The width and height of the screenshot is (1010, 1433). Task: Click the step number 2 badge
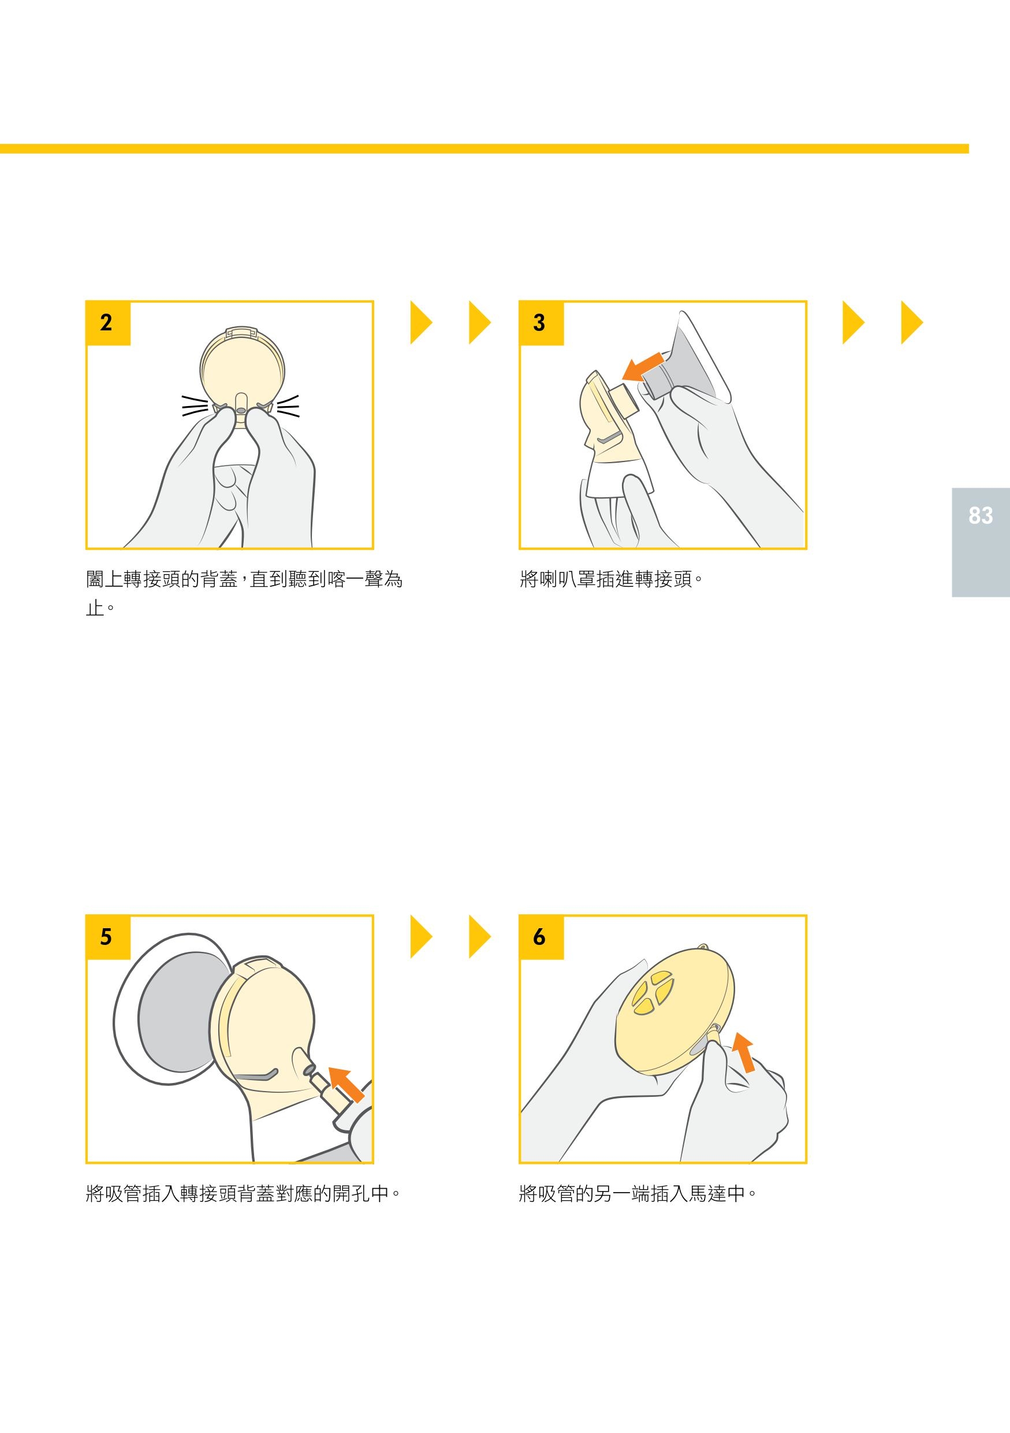click(108, 323)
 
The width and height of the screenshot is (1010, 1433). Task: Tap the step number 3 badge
click(541, 323)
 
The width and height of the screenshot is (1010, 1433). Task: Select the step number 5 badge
click(108, 937)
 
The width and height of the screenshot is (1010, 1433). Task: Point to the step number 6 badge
click(541, 937)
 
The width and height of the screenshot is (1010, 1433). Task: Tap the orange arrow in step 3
click(643, 366)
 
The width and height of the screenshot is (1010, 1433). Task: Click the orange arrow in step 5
click(346, 1084)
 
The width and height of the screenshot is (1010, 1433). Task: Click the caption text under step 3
click(612, 579)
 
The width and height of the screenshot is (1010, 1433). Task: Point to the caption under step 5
click(243, 1193)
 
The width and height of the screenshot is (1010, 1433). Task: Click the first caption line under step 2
click(244, 579)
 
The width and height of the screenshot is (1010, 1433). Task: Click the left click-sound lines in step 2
click(195, 405)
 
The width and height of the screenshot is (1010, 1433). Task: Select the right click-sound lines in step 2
click(288, 405)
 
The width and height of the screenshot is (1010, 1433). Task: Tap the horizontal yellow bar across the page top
click(484, 148)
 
